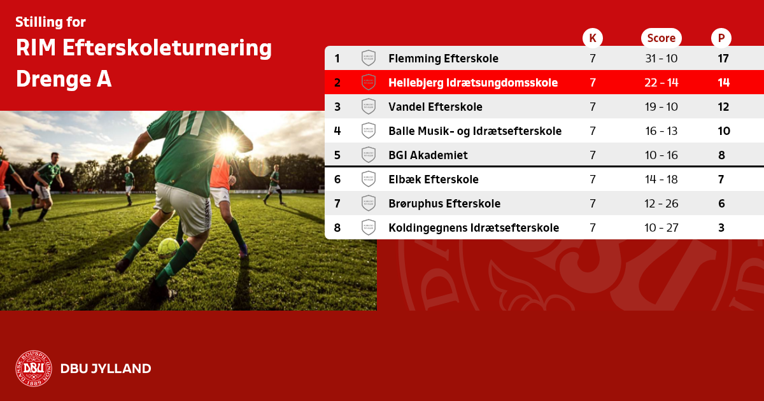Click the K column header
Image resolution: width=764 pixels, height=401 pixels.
pos(593,38)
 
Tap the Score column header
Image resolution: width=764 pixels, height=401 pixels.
pos(661,38)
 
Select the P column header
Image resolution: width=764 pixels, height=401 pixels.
pos(721,38)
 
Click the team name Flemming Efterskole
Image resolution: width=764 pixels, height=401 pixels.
pos(443,59)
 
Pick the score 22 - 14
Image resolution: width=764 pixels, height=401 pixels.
pos(661,83)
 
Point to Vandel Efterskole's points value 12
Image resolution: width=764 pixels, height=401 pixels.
pos(723,107)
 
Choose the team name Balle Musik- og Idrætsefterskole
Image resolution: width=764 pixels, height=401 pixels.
pos(475,131)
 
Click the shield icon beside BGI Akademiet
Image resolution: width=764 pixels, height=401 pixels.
pos(369,155)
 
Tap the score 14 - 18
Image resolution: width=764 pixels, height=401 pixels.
pos(661,179)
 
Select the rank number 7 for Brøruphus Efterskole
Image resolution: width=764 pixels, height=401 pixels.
pos(337,204)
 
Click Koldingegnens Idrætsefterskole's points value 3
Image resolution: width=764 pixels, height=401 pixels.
pos(721,228)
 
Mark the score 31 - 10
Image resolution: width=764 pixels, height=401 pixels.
pos(661,59)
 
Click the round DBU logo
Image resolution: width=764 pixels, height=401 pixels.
pos(34,369)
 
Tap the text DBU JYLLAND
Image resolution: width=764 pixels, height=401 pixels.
pos(106,369)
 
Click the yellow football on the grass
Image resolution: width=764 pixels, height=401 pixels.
pos(168,248)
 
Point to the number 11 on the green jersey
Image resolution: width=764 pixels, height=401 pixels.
pos(191,123)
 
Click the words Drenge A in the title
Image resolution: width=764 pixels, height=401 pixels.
pos(64,79)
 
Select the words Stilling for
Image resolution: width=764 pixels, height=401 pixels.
pos(50,22)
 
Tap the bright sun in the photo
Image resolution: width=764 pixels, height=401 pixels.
pos(228,143)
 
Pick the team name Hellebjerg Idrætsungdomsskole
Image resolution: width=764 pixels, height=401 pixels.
pos(473,83)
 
